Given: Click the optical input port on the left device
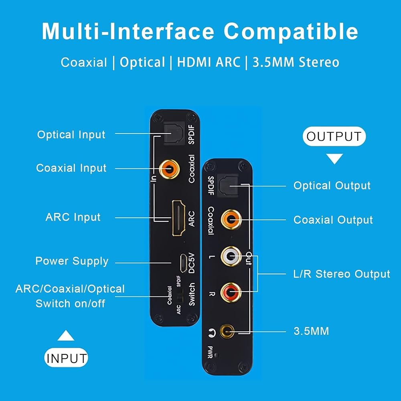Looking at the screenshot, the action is coord(174,134).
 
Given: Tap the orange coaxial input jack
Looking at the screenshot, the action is coord(169,169).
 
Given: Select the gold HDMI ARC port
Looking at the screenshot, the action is coord(178,218).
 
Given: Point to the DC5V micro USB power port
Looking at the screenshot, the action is coord(183,263).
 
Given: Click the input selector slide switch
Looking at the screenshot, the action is coord(180,296).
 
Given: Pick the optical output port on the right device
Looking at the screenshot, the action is coord(228,185).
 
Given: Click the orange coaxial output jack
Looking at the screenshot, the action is coord(231,219).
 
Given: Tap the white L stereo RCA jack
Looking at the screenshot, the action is coord(231,256).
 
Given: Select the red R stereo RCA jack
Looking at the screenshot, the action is coord(231,293).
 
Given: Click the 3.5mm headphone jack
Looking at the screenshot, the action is coord(227,332).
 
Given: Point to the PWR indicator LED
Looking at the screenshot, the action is coord(217,355).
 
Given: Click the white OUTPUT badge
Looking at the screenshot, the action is coord(334,136).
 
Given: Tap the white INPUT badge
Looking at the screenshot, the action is coord(66,358).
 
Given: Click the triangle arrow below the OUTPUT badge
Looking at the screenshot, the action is coord(334,158).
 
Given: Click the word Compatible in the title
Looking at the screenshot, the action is coord(291,32).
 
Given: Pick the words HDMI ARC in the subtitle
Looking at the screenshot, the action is coord(209,62).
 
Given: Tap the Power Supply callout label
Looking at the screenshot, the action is coord(72,261).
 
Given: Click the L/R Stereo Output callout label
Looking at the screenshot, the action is coord(342,274).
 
